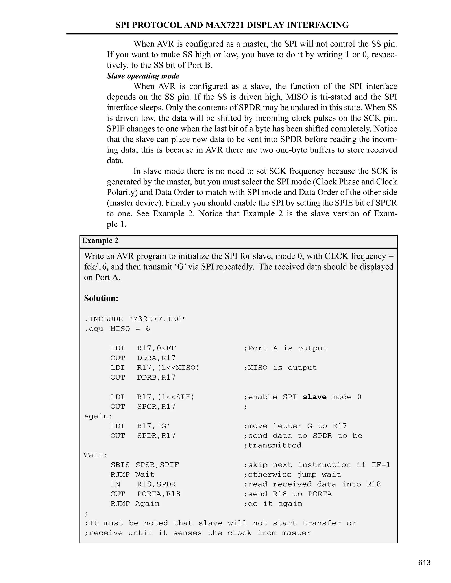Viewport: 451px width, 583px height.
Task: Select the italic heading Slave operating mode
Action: pos(143,76)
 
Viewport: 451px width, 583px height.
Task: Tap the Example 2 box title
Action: pos(100,240)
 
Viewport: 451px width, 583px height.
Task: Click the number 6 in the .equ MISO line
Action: pos(148,329)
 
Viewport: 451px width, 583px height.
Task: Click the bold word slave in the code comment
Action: pos(314,397)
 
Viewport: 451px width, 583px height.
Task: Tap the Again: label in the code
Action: pos(98,416)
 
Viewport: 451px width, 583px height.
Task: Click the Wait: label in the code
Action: pos(96,455)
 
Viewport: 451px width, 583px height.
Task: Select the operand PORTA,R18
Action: pos(159,494)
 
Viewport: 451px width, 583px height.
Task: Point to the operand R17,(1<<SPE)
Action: pos(166,397)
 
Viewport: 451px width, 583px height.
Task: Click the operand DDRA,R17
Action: pos(156,358)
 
